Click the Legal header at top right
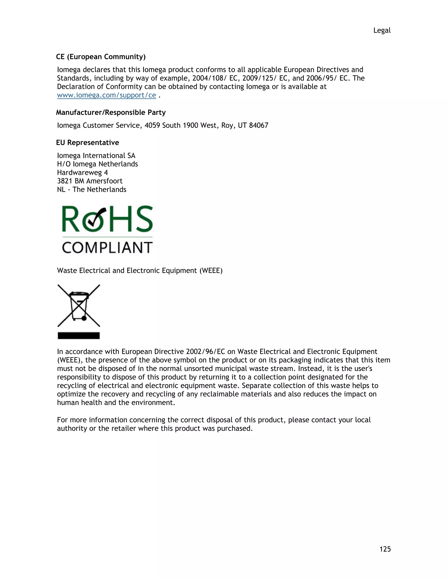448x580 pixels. pos(382,31)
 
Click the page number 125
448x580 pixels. pos(385,549)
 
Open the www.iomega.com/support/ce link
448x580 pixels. pos(107,95)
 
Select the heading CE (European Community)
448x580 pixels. pos(101,57)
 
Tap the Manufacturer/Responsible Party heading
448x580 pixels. pos(111,112)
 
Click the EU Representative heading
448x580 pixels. pos(87,143)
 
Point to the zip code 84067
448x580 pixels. pos(259,125)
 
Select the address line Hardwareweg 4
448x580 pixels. pos(82,173)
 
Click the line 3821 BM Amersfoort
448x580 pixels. pos(90,181)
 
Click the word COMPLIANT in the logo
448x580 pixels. pos(107,248)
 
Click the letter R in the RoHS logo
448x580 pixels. pos(71,220)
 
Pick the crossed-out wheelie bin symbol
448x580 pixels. pos(79,306)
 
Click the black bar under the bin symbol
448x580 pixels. pos(79,336)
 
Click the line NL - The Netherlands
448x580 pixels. pos(92,190)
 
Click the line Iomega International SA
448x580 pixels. pos(96,156)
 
